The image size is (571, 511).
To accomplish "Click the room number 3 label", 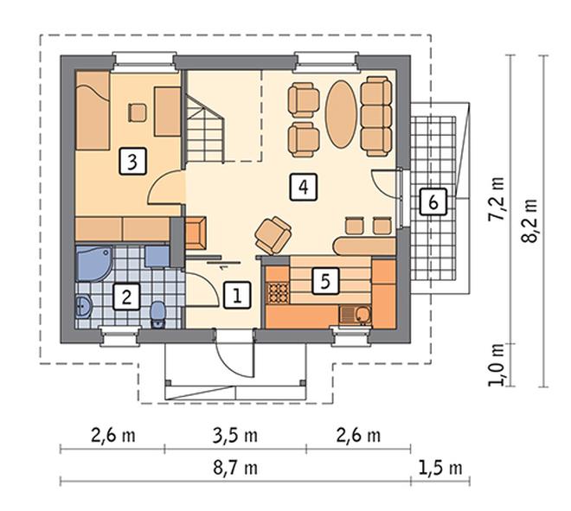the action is [x=133, y=161].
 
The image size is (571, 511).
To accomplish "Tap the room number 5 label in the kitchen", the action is [x=325, y=281].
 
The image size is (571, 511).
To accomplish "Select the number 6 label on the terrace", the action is [x=433, y=201].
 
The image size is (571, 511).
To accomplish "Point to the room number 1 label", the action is [x=237, y=295].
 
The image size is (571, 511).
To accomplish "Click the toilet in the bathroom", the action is [x=158, y=315].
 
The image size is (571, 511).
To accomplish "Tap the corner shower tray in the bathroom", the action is [x=94, y=263].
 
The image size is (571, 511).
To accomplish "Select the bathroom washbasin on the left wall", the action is [x=84, y=307].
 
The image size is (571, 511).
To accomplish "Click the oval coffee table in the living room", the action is [x=341, y=114].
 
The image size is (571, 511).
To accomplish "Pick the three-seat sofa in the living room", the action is [x=376, y=117].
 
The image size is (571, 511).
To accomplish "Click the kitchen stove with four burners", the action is [x=279, y=292].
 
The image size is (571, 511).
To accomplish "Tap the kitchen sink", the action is [x=356, y=315].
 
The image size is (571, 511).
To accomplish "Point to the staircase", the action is [x=205, y=128].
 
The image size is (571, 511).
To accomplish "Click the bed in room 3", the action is [x=93, y=111].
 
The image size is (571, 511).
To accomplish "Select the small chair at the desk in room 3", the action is [x=138, y=112].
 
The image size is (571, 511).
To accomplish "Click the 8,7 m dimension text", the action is [x=235, y=467].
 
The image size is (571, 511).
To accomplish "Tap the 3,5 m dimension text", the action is [x=235, y=436].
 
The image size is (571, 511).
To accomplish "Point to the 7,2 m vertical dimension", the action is [x=497, y=199].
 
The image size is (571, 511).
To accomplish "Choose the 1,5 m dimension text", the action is [x=440, y=467].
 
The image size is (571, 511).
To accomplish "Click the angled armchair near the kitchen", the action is [x=273, y=235].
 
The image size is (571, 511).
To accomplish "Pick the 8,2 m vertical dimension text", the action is [x=529, y=220].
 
